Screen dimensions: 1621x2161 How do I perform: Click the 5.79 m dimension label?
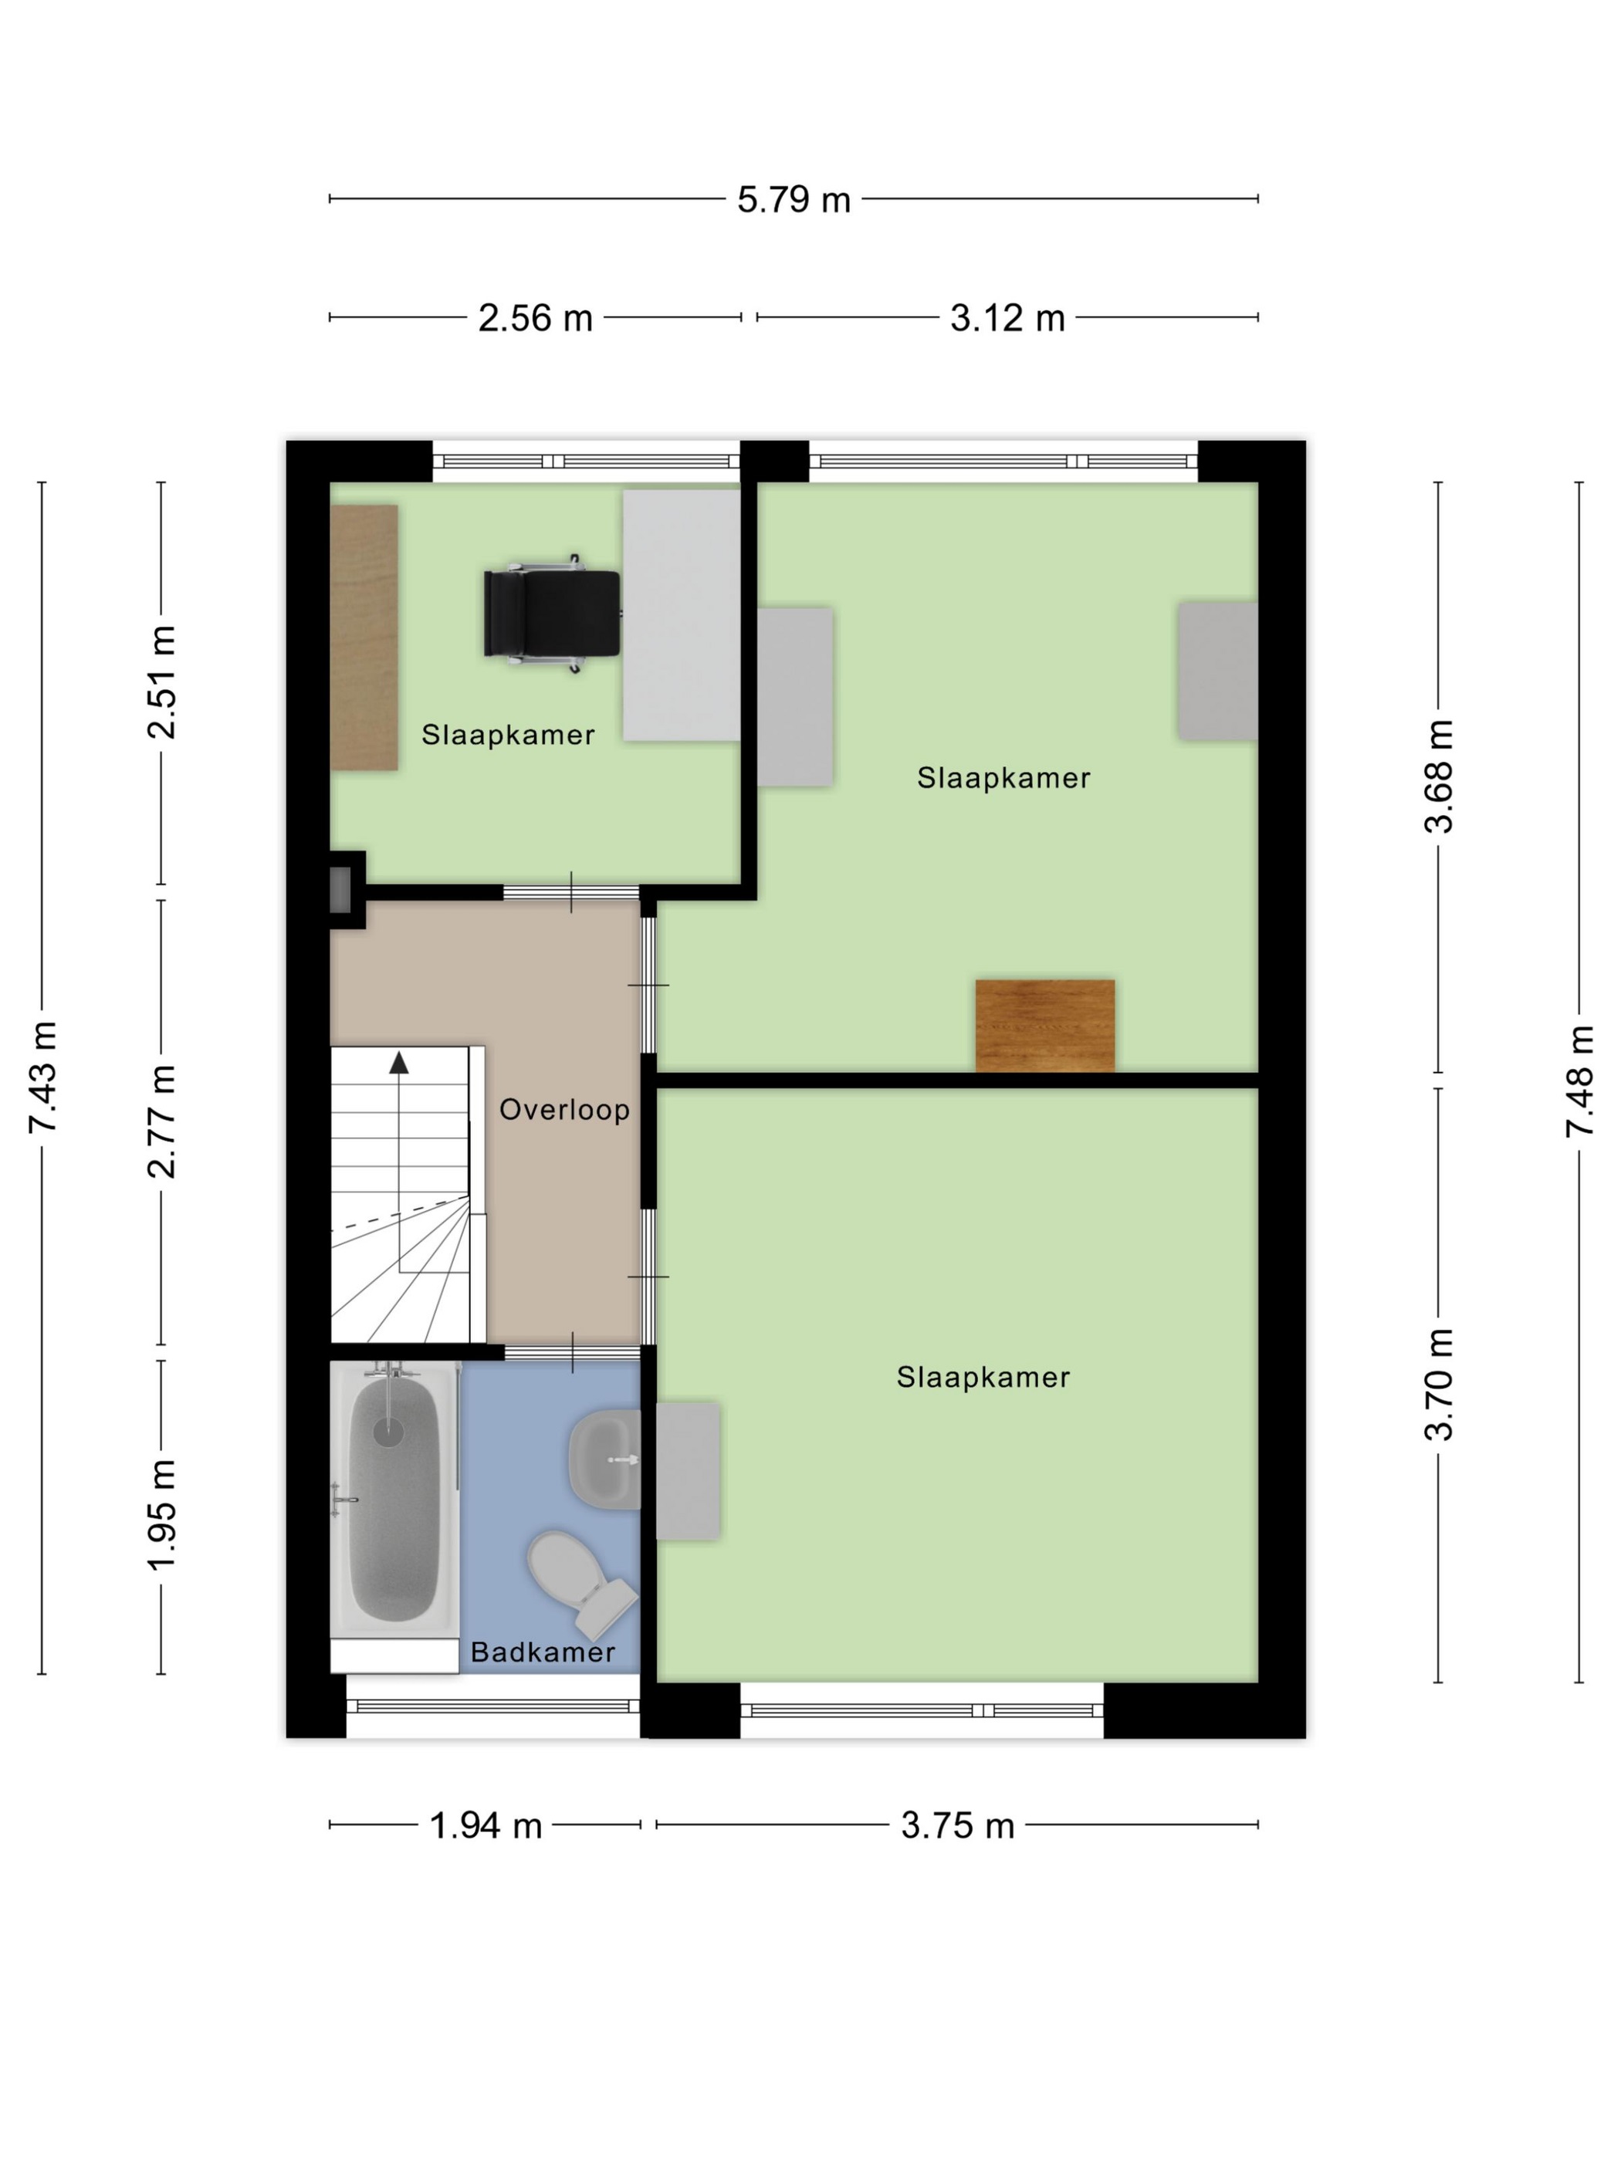(794, 199)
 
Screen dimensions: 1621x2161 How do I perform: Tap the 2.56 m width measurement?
(536, 317)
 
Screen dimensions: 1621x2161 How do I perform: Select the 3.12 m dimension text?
(1007, 317)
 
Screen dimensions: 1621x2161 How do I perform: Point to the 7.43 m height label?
(42, 1077)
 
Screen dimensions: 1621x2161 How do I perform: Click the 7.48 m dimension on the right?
(1579, 1081)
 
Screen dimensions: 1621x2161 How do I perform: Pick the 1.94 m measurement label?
(486, 1825)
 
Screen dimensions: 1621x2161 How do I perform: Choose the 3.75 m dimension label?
(958, 1825)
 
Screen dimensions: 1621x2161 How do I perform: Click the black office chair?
(552, 614)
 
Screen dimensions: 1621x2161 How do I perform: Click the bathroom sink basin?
(604, 1459)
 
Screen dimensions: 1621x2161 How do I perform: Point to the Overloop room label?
(565, 1110)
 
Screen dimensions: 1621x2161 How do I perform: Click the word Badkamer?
(543, 1652)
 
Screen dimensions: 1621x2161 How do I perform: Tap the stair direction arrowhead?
(398, 1063)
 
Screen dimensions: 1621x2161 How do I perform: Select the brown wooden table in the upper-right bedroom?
(1044, 1026)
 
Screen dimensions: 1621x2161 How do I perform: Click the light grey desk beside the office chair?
(681, 614)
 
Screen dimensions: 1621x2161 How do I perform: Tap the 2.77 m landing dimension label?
(161, 1121)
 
